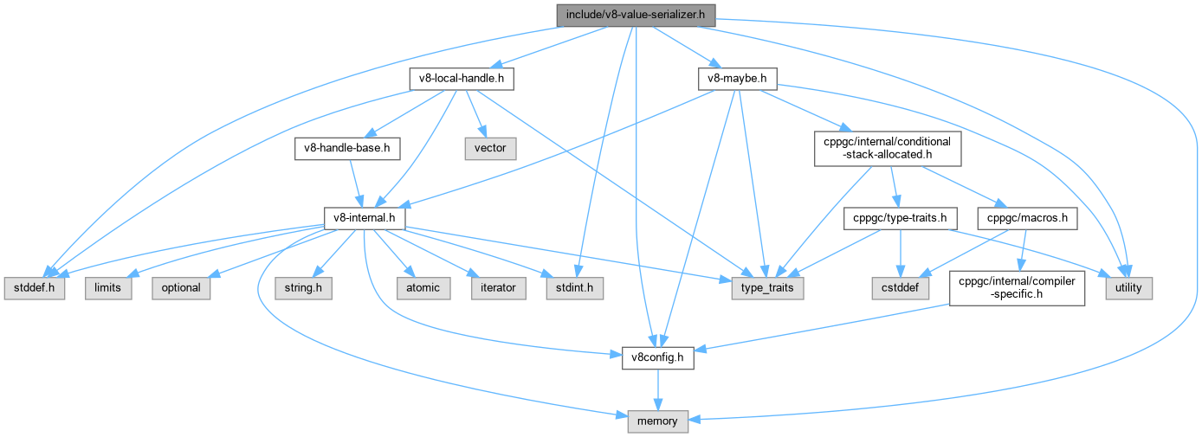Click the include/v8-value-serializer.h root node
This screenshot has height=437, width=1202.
point(634,14)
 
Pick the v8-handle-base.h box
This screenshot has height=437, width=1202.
point(347,148)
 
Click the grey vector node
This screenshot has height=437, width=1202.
point(489,148)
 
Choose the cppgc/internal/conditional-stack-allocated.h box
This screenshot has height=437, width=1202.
point(887,148)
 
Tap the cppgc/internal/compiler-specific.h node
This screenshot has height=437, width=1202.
point(1017,287)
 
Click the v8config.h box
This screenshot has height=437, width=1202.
point(658,357)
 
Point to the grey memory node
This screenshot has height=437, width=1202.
point(658,421)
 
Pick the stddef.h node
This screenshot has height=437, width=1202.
point(34,287)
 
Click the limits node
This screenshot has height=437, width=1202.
point(108,287)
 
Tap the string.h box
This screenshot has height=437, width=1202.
point(304,287)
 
